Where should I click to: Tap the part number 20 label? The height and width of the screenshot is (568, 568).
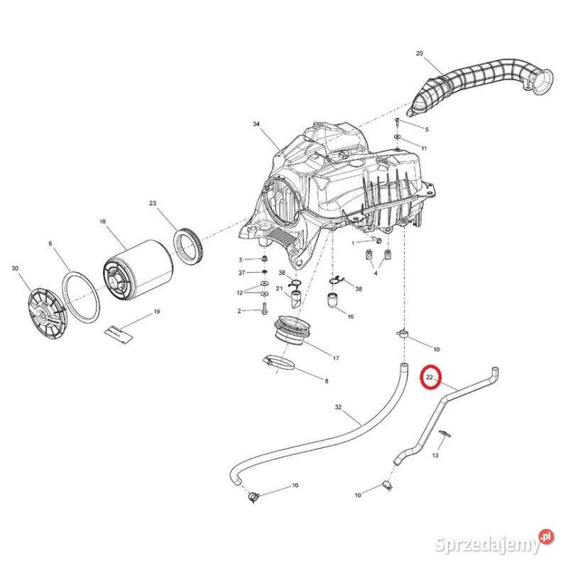pos(419,54)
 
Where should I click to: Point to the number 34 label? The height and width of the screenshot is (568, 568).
pos(257,124)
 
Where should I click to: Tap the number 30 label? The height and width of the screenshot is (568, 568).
pos(16,268)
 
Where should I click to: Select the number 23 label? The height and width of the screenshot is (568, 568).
pos(153,204)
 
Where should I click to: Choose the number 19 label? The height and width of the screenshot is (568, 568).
pos(157,312)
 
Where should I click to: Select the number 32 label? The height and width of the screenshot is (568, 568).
pos(338,408)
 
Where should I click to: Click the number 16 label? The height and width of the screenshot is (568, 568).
pos(350,317)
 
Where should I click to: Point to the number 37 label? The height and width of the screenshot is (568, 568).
pos(241,273)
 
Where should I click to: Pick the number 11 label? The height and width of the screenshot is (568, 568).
pos(424,148)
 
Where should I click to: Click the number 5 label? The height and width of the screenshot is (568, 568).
pos(427,129)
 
